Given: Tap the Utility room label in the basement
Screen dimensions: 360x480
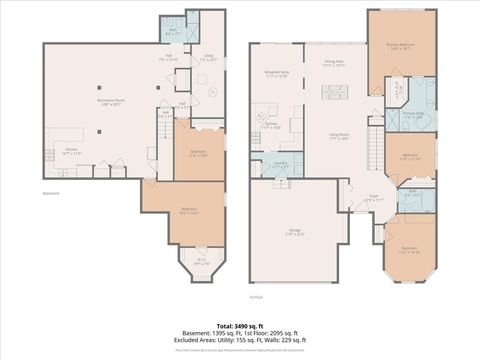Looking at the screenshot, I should pyautogui.click(x=208, y=59).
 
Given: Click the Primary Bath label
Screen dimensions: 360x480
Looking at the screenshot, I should pyautogui.click(x=413, y=116).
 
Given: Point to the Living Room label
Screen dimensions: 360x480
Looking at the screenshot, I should pyautogui.click(x=339, y=136).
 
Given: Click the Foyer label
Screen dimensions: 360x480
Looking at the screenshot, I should pyautogui.click(x=371, y=198).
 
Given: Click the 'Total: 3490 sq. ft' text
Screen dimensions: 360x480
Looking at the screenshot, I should pyautogui.click(x=239, y=326).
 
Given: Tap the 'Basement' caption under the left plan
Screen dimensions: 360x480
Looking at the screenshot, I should pyautogui.click(x=52, y=193).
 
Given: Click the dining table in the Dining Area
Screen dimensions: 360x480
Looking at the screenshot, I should pyautogui.click(x=334, y=91).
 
